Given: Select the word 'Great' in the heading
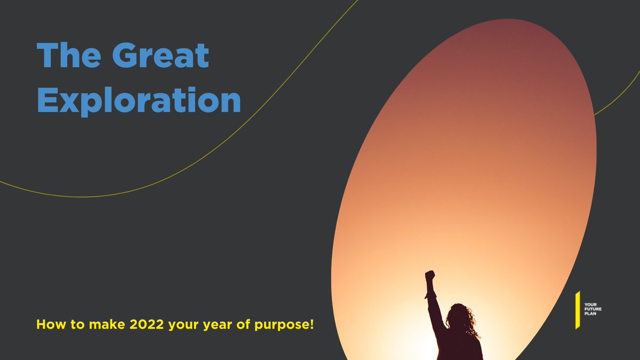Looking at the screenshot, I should click(161, 55).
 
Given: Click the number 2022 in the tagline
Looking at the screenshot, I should click(147, 324).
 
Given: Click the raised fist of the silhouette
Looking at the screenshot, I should click(429, 276).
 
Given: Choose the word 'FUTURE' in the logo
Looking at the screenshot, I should click(593, 308).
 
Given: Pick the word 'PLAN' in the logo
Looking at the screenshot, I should click(590, 314).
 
